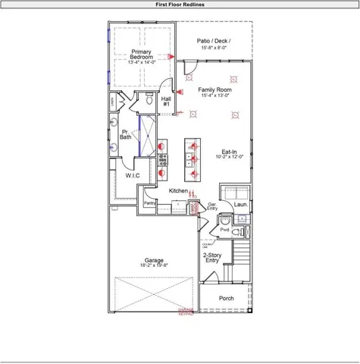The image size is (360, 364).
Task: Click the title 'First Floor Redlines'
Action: pyautogui.click(x=180, y=5)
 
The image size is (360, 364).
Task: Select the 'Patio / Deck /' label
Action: pyautogui.click(x=214, y=40)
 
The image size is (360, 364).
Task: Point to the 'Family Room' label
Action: pyautogui.click(x=216, y=89)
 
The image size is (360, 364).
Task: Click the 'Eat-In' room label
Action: pyautogui.click(x=230, y=151)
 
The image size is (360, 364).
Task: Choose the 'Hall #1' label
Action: pyautogui.click(x=166, y=101)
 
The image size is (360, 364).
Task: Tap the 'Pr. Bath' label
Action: pyautogui.click(x=125, y=134)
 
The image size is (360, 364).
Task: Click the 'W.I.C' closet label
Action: pyautogui.click(x=133, y=175)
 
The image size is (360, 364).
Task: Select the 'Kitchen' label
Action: pyautogui.click(x=178, y=190)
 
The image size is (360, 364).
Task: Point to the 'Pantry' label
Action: pyautogui.click(x=149, y=203)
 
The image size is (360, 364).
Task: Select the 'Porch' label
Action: pyautogui.click(x=227, y=298)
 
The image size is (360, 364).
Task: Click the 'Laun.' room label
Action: pyautogui.click(x=241, y=205)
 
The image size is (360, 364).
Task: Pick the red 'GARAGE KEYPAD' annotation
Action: pyautogui.click(x=186, y=312)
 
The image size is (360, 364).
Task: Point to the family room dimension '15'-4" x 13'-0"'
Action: pyautogui.click(x=216, y=96)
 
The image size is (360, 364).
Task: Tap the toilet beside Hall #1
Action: pyautogui.click(x=149, y=99)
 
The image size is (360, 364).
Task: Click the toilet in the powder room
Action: pyautogui.click(x=240, y=231)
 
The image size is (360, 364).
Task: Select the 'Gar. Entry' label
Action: pyautogui.click(x=212, y=206)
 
